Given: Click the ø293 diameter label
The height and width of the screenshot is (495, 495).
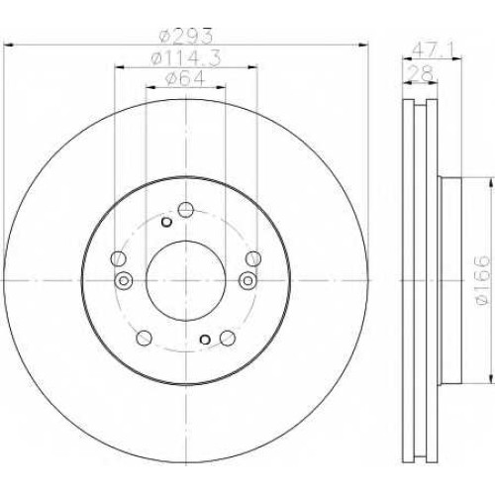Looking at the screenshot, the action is coord(185,37).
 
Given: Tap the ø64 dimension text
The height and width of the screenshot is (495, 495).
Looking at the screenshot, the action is coord(185,79).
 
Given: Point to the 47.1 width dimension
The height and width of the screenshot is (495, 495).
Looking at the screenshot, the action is coord(433,50).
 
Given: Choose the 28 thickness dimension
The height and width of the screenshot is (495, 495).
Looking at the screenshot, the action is coord(421,73).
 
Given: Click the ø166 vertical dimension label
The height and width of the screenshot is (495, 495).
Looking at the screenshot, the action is coord(482,280).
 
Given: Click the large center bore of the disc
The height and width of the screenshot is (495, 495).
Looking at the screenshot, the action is coord(185,280).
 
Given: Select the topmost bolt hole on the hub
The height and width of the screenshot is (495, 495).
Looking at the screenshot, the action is coord(185,210).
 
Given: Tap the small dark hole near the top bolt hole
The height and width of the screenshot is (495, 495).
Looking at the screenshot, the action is coord(166,222).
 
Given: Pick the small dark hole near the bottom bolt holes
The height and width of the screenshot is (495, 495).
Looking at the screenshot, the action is coord(205,339).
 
